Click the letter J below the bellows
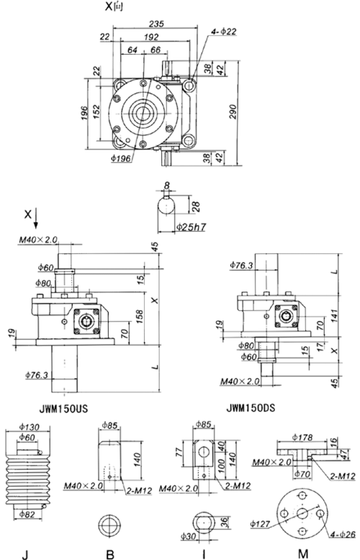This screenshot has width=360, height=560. click(24, 554)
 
